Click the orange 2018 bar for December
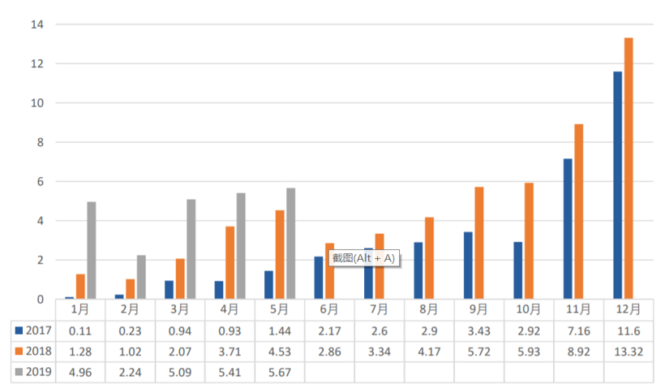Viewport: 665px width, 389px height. (x=629, y=168)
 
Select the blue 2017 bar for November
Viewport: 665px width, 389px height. (x=568, y=228)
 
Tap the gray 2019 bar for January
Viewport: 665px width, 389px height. (x=92, y=250)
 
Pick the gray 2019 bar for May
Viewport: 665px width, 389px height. (x=290, y=244)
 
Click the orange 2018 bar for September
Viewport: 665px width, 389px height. (x=479, y=243)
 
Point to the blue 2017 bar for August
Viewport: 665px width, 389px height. (x=418, y=270)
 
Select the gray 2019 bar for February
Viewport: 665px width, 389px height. (x=141, y=277)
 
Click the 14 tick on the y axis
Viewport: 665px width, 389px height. (x=36, y=24)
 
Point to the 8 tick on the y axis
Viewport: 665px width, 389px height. (x=36, y=142)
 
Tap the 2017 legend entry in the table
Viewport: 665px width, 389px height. (x=32, y=331)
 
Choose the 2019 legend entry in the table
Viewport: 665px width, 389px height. (x=32, y=372)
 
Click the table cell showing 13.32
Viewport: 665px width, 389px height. (x=629, y=352)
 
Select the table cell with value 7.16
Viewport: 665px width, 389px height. (x=578, y=331)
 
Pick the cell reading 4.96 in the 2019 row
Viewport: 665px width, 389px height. (x=79, y=372)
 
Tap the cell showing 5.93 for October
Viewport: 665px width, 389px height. (x=529, y=352)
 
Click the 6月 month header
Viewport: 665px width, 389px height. (x=329, y=309)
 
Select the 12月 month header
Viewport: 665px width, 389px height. (x=629, y=309)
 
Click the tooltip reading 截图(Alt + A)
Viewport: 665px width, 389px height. (x=363, y=257)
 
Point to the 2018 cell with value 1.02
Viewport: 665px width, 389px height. (x=130, y=352)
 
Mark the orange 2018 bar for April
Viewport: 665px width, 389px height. (x=230, y=262)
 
